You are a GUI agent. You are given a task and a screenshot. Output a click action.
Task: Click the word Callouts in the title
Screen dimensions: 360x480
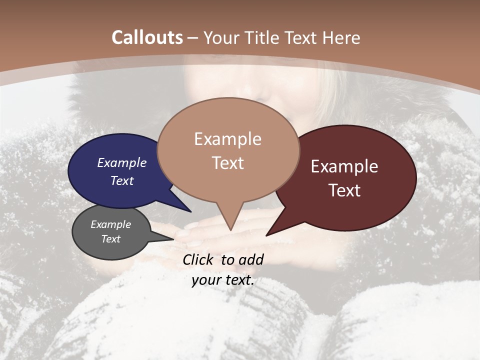pos(147,37)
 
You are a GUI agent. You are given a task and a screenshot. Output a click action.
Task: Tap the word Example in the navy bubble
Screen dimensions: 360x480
pos(121,162)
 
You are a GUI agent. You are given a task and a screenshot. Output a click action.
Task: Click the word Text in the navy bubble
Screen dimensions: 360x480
pos(121,180)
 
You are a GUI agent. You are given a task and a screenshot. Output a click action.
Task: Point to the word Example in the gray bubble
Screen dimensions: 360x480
pos(110,224)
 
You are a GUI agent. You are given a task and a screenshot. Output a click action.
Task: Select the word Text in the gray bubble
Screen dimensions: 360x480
pos(110,239)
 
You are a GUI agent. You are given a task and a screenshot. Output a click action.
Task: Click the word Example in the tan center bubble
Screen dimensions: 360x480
pos(227,139)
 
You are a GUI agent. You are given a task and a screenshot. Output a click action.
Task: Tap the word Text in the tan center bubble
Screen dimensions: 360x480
pos(227,163)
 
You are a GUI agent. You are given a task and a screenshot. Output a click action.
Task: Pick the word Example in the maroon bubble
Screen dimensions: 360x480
pos(344,166)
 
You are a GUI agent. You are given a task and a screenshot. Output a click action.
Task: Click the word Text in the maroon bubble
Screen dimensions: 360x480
pos(344,190)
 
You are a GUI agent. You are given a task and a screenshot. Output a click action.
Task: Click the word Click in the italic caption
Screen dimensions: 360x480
pos(199,259)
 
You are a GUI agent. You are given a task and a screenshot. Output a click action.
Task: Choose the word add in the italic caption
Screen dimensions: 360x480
pos(251,259)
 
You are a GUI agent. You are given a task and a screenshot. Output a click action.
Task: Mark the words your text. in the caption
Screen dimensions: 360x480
pos(223,280)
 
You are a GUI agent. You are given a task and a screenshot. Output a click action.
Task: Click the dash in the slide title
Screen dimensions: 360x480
pos(193,38)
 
